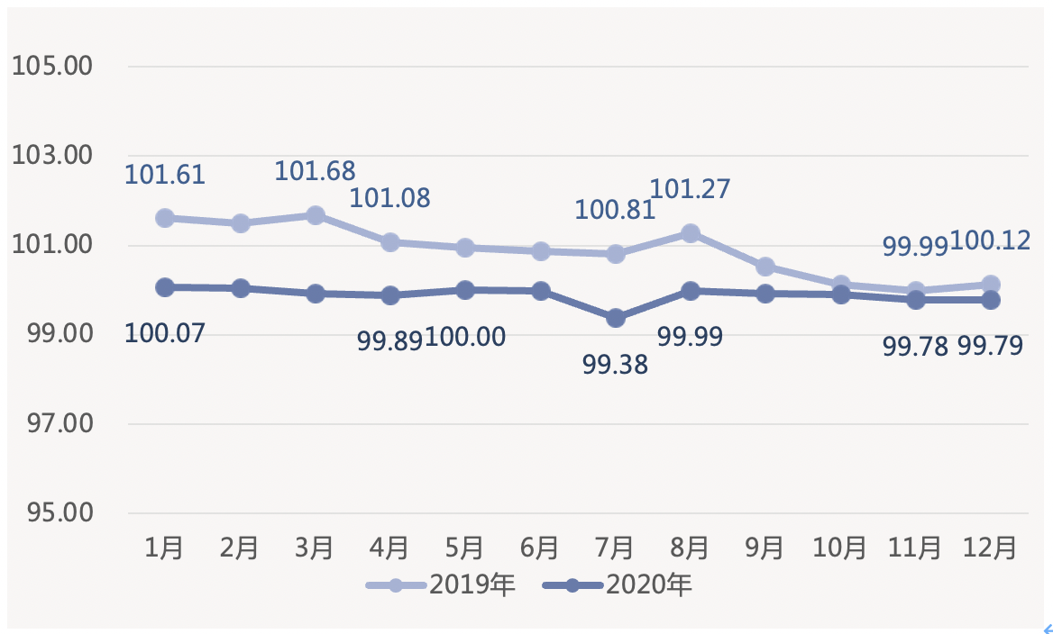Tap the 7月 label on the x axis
coord(615,548)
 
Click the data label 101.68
coord(315,170)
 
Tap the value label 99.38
coord(615,365)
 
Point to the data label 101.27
coord(690,189)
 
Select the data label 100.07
coord(165,333)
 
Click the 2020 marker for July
coord(616,318)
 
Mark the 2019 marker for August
coord(691,233)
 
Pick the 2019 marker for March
coord(315,215)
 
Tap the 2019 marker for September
coord(765,267)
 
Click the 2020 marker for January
coord(164,287)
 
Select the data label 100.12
coord(992,240)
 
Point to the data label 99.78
coord(915,347)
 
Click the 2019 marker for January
coord(164,218)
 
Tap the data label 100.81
coord(615,211)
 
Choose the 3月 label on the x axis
coord(315,548)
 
